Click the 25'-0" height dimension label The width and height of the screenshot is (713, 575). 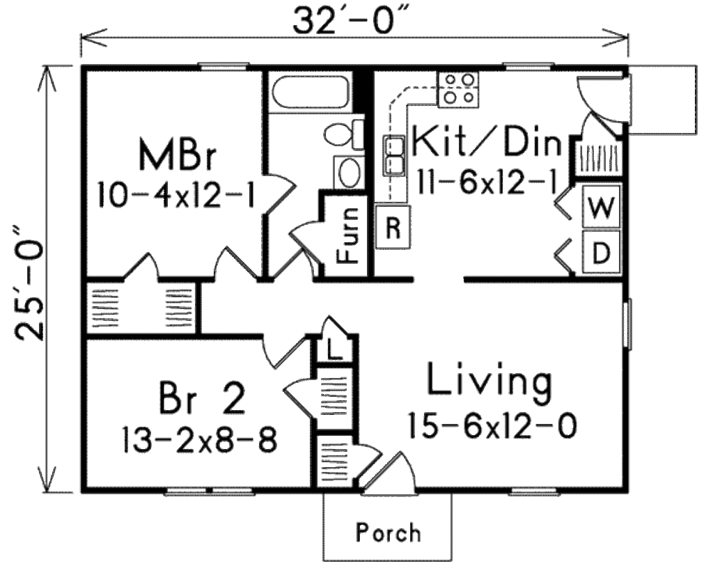(28, 278)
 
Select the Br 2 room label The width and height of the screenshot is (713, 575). (202, 400)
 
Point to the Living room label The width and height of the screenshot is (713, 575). (489, 383)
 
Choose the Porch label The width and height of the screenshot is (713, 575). (389, 533)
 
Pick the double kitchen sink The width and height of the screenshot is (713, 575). (395, 155)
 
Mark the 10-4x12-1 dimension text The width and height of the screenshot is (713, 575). (175, 194)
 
